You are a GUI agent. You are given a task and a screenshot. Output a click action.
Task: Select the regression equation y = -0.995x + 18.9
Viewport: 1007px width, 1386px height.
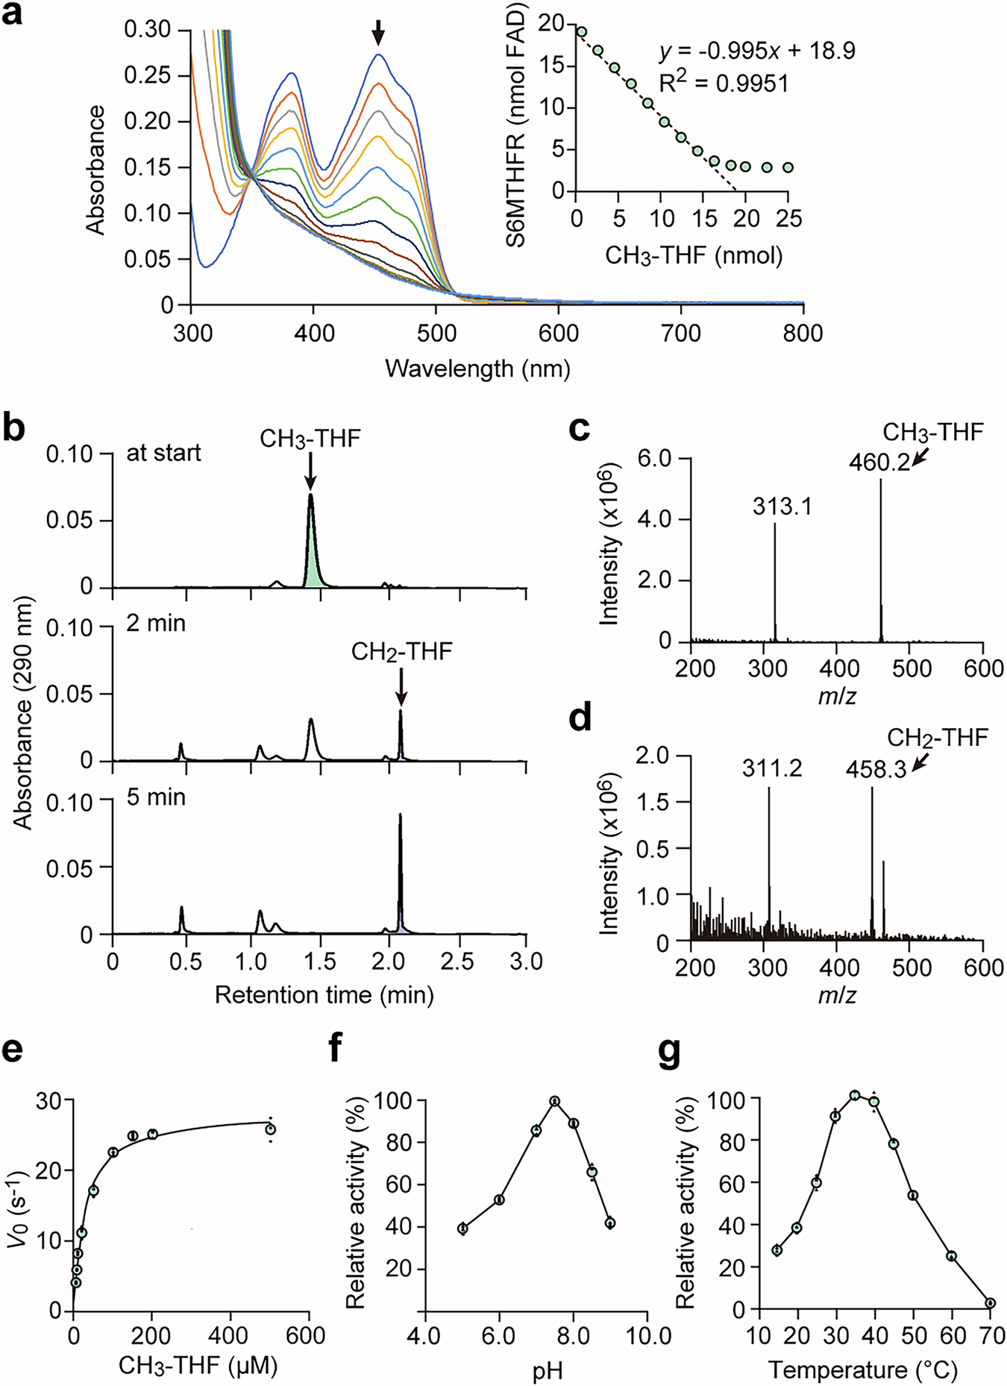757,51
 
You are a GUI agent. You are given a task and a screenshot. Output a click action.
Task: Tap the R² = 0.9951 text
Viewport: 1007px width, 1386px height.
723,83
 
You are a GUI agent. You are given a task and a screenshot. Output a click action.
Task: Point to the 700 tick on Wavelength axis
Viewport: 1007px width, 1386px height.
682,333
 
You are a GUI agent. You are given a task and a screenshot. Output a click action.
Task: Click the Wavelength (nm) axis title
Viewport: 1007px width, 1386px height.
477,369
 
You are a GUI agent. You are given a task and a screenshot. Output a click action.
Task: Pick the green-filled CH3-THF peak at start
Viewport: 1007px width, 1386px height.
311,552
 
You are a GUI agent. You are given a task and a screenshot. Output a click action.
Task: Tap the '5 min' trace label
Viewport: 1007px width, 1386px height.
156,797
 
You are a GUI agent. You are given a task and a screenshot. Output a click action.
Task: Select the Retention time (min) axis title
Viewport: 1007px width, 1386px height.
324,994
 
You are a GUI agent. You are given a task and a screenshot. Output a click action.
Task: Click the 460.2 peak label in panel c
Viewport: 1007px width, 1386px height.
879,463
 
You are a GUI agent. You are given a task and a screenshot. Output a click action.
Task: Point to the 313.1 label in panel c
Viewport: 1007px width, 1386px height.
782,507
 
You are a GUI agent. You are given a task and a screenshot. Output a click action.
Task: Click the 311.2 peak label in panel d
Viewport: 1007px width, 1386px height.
772,768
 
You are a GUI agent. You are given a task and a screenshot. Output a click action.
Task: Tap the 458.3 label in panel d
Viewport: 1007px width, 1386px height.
876,769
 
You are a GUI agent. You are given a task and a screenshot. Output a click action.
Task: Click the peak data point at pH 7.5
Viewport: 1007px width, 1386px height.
554,1102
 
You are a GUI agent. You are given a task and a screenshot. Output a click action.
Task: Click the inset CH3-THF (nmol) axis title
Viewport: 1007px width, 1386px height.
694,256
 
